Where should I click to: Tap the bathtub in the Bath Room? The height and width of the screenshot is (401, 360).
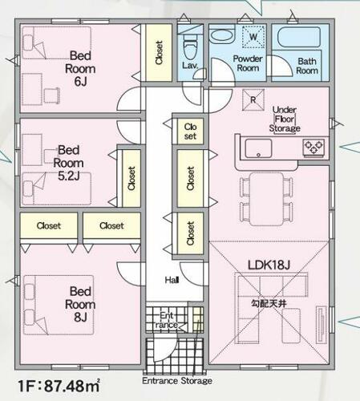pos(299,37)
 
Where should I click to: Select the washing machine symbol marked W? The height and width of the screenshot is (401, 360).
pos(253,37)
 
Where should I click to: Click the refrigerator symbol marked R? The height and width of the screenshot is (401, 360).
pos(253,99)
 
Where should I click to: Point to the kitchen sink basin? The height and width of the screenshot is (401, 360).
pos(258,148)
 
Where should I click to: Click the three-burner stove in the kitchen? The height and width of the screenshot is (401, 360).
pos(313,148)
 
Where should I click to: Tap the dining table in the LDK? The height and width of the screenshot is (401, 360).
pos(266,199)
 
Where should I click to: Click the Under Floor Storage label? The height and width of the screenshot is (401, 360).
pos(285,119)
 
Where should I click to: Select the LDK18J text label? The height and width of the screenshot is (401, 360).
pos(269,265)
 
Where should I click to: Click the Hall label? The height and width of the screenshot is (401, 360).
pos(172,280)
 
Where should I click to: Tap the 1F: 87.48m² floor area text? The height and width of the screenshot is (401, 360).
pos(59,386)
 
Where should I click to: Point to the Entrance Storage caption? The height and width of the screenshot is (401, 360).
pos(177,380)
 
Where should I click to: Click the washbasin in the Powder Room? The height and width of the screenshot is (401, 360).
pos(221,35)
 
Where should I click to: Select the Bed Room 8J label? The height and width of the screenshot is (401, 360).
pos(80,304)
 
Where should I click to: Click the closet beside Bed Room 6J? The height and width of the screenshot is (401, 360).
pos(159,53)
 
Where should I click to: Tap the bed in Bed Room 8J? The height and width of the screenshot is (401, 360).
pos(59,305)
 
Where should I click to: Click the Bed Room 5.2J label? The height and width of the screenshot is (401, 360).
pos(68,163)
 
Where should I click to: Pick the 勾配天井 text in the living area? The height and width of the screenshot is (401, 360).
pos(269,303)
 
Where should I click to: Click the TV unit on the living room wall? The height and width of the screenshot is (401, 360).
pos(322,325)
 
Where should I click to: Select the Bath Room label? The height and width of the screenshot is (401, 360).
pos(307,66)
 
